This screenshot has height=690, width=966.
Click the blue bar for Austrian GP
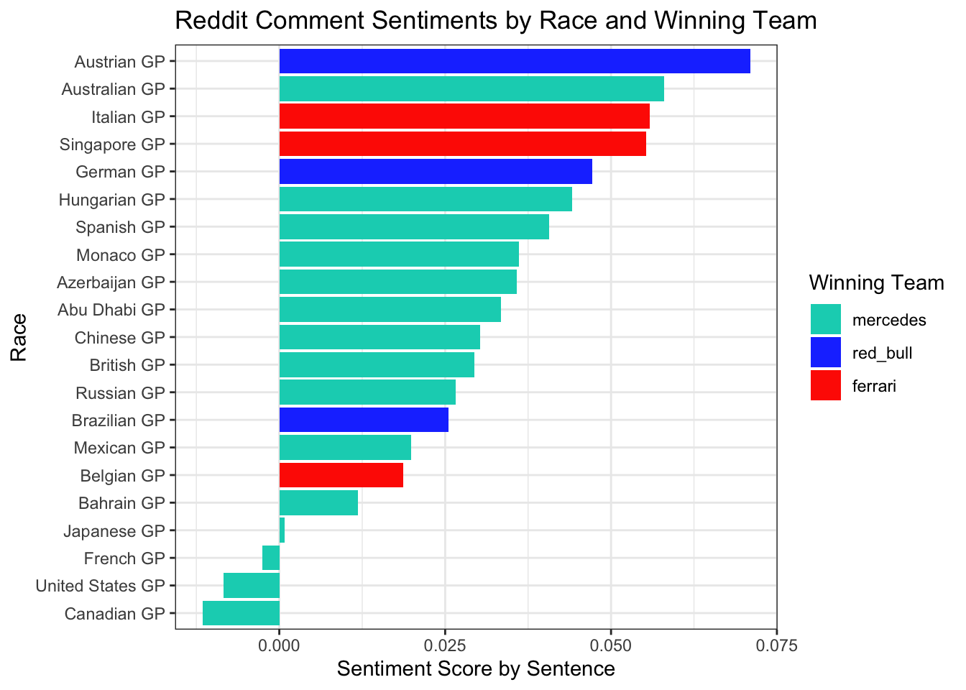(514, 62)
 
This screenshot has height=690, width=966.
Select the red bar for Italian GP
(464, 116)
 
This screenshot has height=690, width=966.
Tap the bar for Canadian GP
(241, 614)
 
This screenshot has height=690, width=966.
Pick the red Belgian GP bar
(341, 475)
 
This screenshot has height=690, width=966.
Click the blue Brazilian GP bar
(363, 420)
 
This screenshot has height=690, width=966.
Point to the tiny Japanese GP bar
(282, 531)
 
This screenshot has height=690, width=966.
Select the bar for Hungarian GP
(425, 199)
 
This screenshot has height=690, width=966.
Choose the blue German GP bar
(435, 172)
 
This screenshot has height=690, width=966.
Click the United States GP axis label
(100, 586)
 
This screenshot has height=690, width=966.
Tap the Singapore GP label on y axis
(113, 144)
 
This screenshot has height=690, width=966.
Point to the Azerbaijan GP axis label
(111, 282)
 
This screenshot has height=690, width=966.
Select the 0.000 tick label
(279, 646)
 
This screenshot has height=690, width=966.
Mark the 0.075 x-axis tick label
(776, 646)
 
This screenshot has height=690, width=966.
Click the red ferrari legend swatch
(825, 386)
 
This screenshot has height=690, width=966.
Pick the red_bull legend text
(882, 353)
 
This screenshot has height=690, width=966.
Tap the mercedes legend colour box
(825, 319)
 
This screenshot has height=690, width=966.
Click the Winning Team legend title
(875, 283)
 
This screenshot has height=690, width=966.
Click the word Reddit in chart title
(208, 20)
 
